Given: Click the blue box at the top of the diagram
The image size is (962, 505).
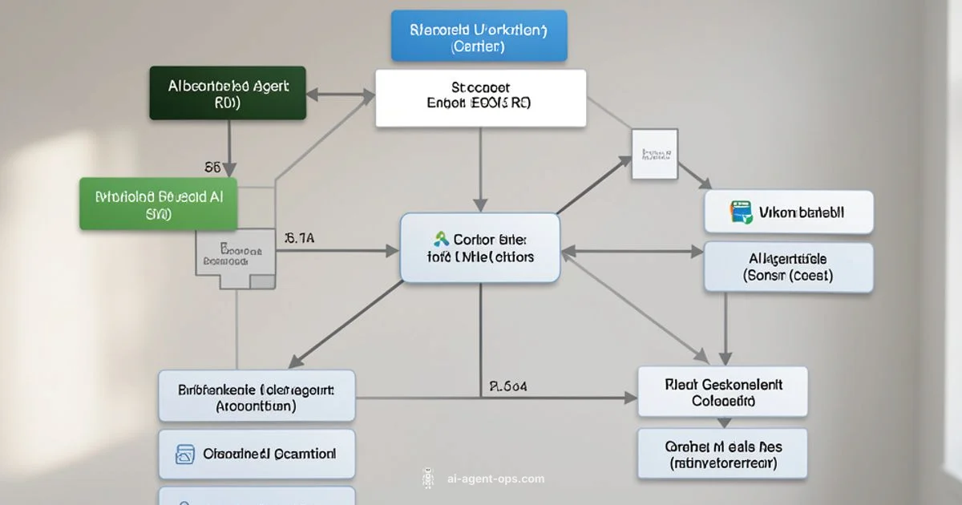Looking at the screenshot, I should [479, 36].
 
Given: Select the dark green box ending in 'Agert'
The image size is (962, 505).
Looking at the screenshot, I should [228, 93].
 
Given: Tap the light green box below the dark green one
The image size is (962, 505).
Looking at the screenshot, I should [159, 204].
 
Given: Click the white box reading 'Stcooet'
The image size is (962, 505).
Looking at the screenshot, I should [480, 98].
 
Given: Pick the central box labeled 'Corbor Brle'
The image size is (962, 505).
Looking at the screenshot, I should [480, 248].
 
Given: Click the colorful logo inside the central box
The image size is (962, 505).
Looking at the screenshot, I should [440, 239].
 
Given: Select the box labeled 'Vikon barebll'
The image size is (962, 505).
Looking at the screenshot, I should [789, 212].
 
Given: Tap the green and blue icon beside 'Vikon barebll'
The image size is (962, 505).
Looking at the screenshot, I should [741, 212].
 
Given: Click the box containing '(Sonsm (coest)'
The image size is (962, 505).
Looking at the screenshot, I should [788, 267].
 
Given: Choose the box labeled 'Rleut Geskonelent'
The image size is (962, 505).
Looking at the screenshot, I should [722, 392].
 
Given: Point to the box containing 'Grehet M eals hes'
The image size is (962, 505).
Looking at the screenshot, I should [722, 454].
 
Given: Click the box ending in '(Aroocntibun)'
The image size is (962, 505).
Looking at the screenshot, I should [257, 396].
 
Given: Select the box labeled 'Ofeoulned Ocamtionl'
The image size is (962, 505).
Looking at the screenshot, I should [257, 454].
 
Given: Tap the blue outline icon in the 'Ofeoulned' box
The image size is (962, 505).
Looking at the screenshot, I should [185, 454].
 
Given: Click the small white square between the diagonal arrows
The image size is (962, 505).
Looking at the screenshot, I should [654, 154].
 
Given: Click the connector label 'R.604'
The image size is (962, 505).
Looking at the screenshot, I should [507, 386].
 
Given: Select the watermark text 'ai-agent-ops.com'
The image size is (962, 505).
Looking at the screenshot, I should [495, 479].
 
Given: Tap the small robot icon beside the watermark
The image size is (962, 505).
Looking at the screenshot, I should [427, 479].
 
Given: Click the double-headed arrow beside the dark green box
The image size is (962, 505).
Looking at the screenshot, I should [341, 95].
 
